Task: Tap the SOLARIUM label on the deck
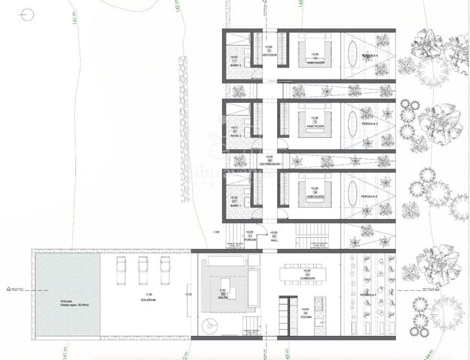click(147, 299)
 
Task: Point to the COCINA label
click(305, 317)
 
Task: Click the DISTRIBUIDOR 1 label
click(270, 163)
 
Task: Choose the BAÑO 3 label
click(236, 66)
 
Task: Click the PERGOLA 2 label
click(369, 196)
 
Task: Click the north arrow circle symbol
click(28, 14)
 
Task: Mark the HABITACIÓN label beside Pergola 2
click(315, 197)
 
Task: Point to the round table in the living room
click(209, 322)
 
